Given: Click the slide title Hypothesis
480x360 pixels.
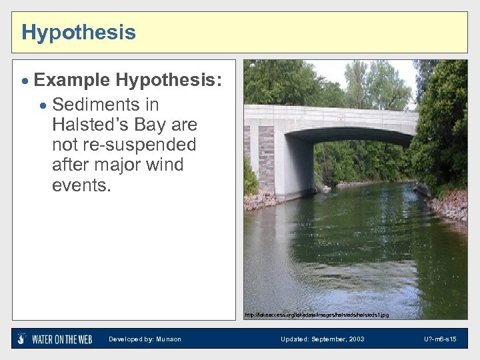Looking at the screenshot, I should pyautogui.click(x=78, y=32).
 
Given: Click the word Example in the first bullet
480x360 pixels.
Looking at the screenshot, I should pyautogui.click(x=71, y=80).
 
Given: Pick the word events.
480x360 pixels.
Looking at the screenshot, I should pyautogui.click(x=81, y=185).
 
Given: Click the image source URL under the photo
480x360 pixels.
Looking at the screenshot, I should pyautogui.click(x=316, y=314).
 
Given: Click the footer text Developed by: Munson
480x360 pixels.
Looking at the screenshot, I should pyautogui.click(x=145, y=339).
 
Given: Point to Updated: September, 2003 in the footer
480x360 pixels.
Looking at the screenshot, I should pyautogui.click(x=322, y=339).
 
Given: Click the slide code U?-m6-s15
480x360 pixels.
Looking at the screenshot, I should pyautogui.click(x=439, y=339).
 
